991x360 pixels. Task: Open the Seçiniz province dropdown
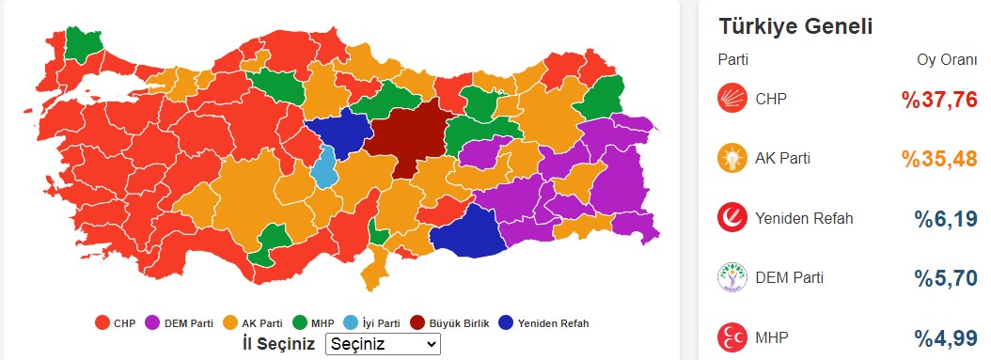383,344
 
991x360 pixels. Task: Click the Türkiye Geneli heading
795,26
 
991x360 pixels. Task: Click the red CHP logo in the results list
731,99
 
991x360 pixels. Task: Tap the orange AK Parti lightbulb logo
731,159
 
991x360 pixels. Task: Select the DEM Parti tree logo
731,277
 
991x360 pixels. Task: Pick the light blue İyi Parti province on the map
324,167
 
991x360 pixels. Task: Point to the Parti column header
733,60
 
